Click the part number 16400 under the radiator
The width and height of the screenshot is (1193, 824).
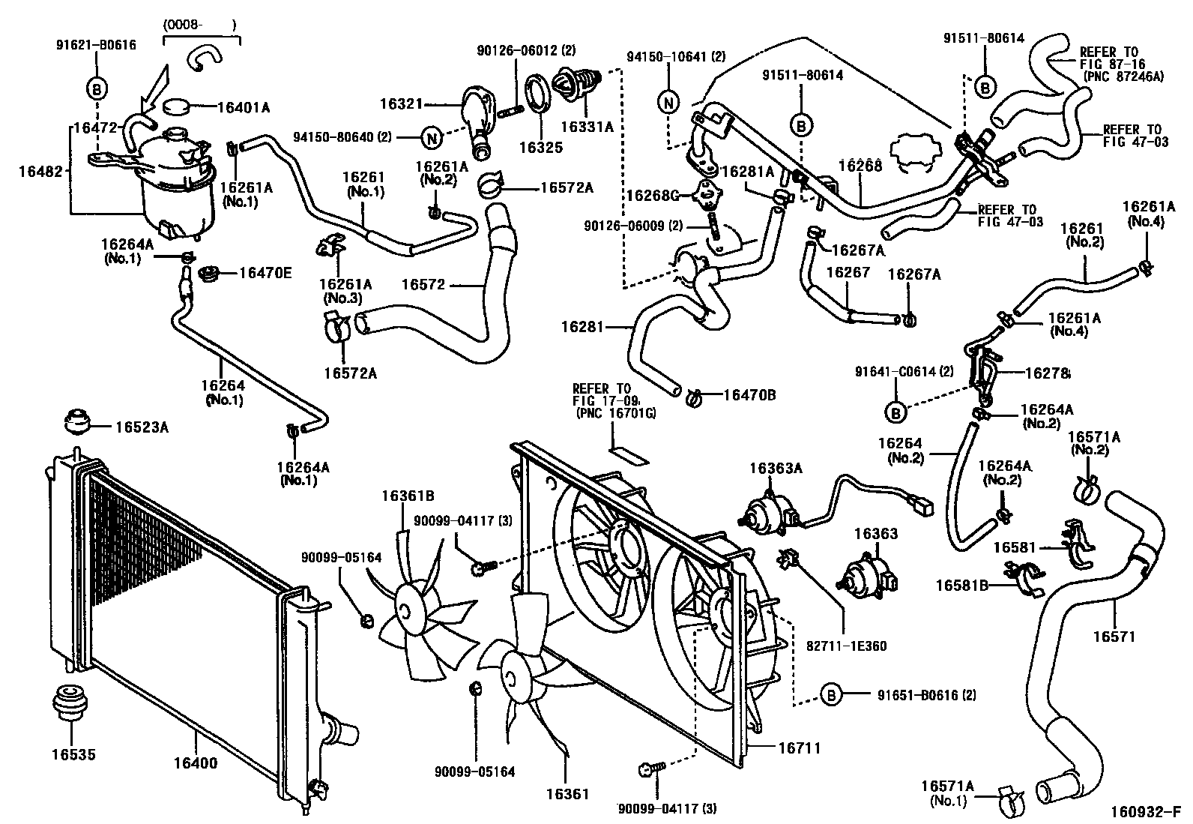coord(196,763)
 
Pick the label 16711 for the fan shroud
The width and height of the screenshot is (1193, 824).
coord(798,748)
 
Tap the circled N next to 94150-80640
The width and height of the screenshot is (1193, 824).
coord(431,137)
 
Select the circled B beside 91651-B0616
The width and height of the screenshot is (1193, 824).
coord(831,695)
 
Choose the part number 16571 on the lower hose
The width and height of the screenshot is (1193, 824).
coord(1114,637)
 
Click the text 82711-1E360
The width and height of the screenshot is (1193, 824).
coord(847,646)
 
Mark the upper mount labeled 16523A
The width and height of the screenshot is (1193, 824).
coord(77,422)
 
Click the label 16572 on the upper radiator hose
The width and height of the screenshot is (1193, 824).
coord(423,284)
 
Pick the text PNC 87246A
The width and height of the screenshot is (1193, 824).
coord(1125,76)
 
